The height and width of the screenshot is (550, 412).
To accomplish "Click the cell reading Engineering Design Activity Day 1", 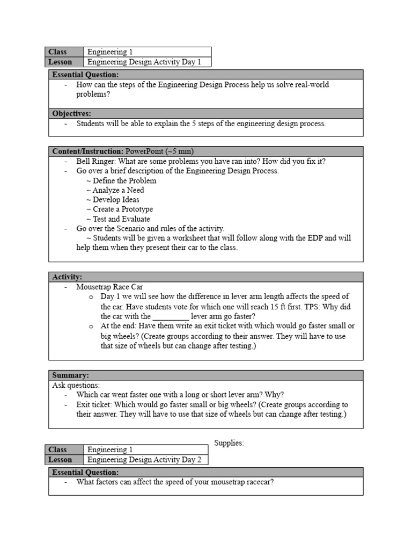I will pos(144,62).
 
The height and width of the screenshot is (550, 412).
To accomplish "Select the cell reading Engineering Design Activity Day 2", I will pos(144,460).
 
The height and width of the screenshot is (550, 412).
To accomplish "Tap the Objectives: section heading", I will pos(72,113).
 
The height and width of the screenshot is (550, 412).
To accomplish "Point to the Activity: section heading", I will pos(67,277).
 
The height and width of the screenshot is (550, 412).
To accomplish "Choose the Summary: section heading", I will pos(70,375).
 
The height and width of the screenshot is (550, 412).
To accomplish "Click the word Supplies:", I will pos(229,443).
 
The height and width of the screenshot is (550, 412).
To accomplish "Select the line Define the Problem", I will pos(121,180).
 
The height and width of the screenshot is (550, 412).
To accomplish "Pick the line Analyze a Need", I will pos(115,190).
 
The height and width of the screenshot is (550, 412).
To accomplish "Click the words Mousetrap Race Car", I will pos(109,287).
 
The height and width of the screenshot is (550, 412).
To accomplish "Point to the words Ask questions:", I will pos(76,385).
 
